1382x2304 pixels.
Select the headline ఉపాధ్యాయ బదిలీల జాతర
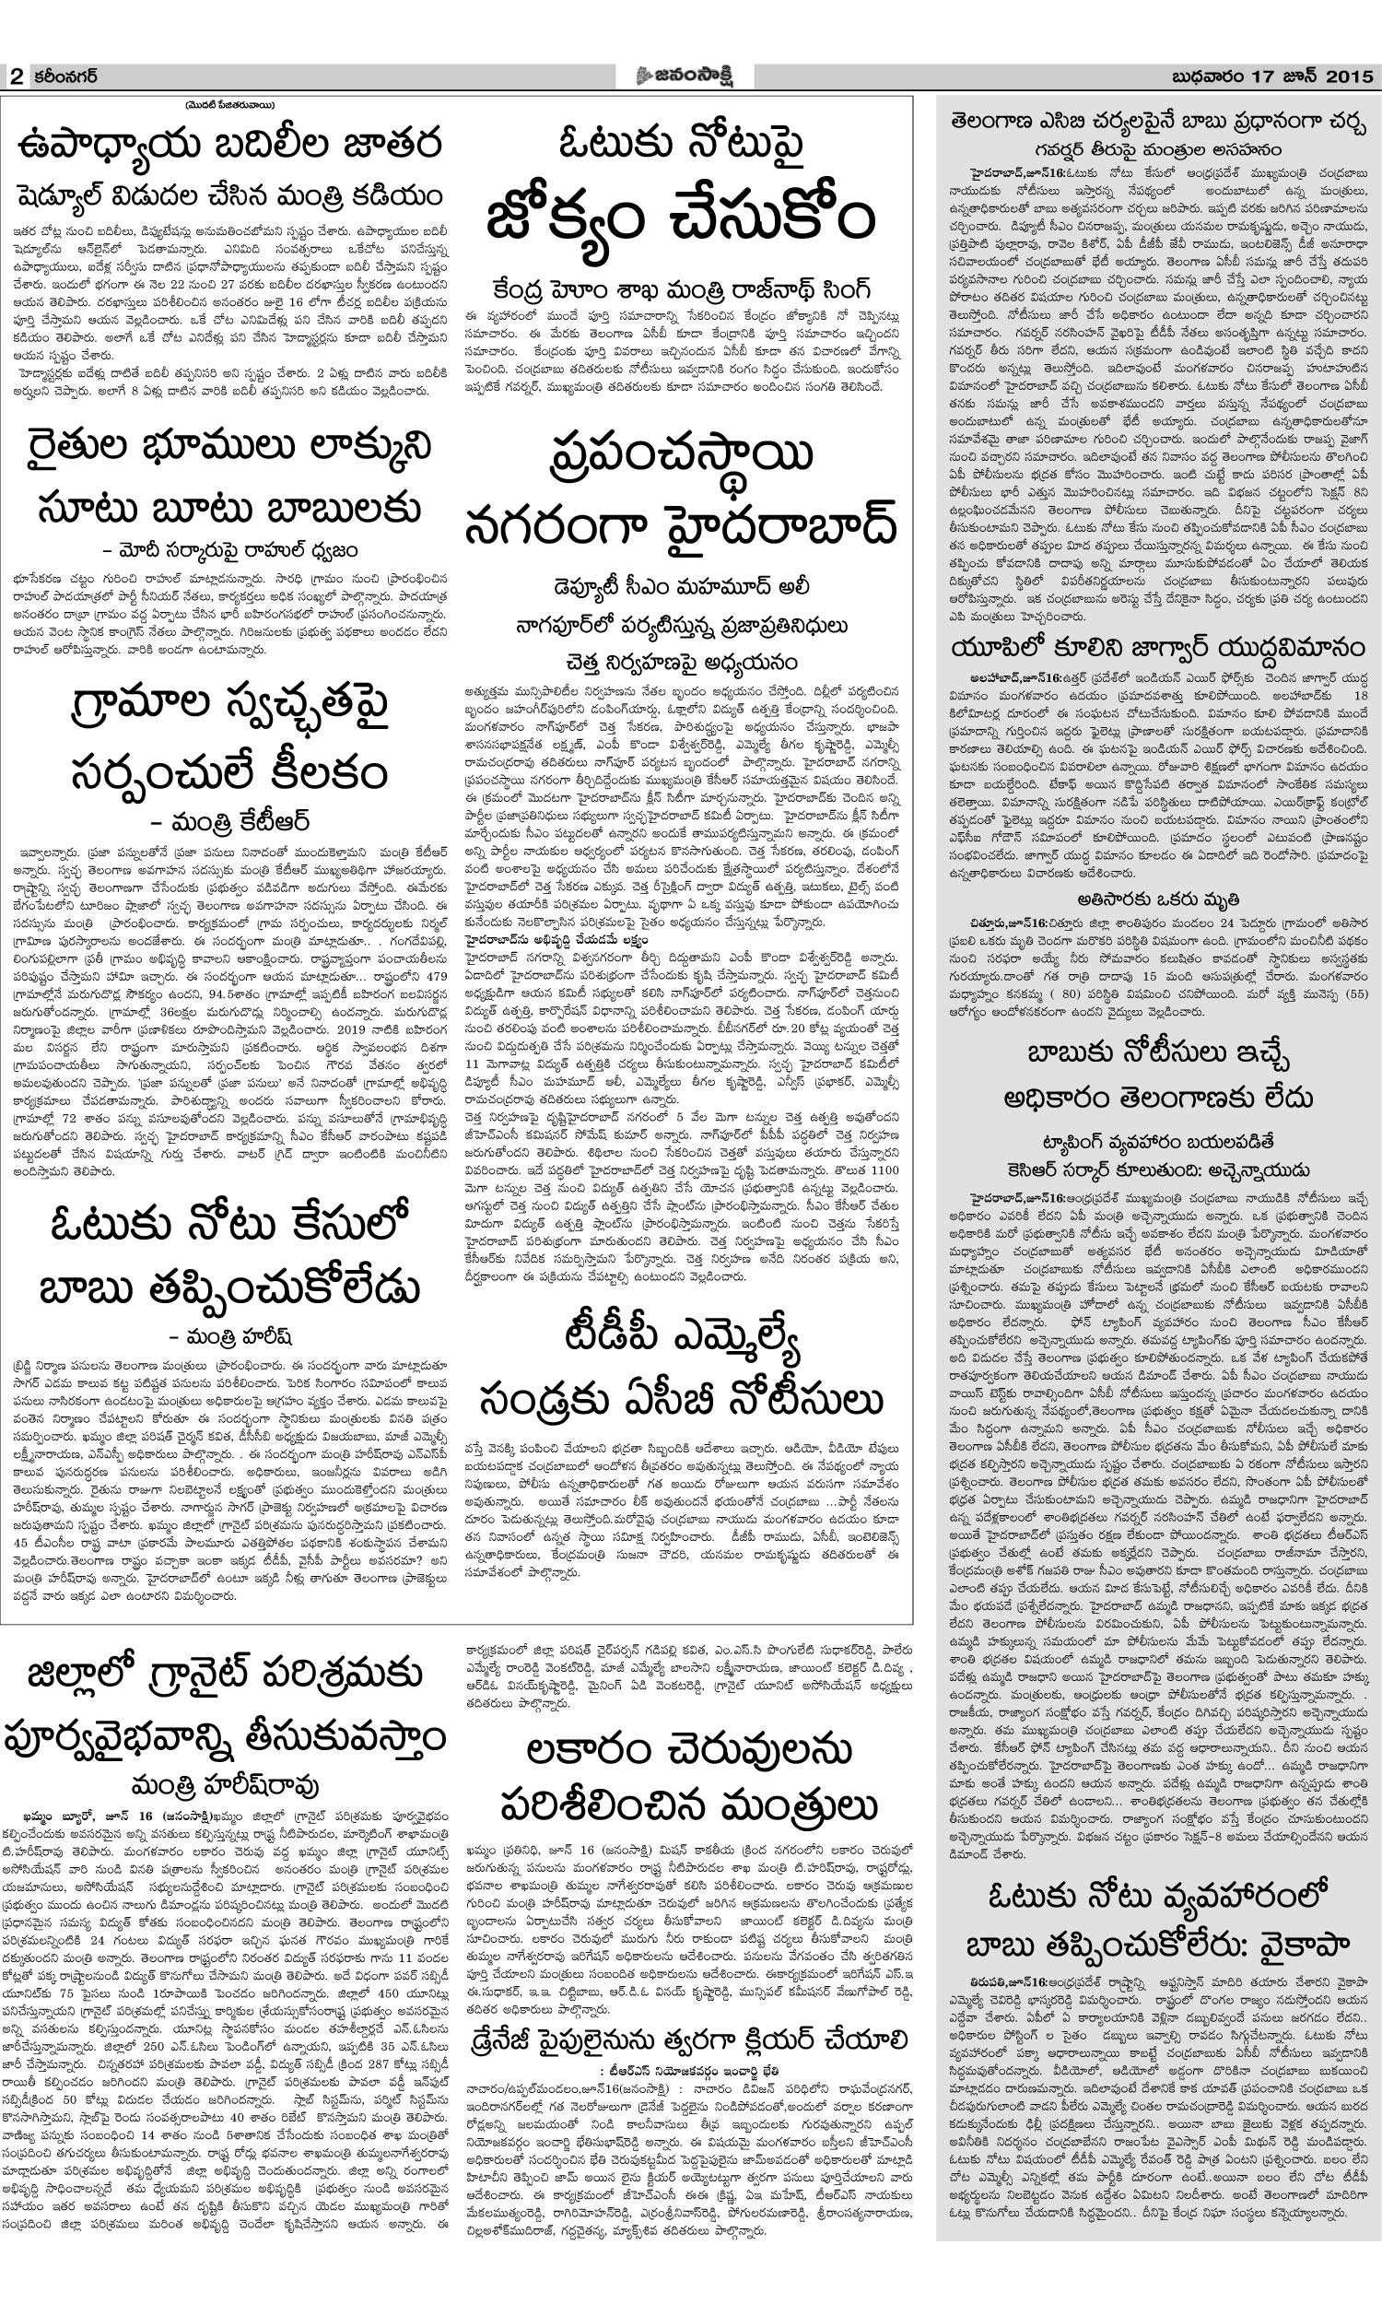(x=230, y=147)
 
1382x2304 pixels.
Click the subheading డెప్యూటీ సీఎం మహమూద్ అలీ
(x=681, y=588)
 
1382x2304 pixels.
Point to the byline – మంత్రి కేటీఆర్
(x=230, y=820)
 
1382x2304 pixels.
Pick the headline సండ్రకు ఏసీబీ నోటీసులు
(x=681, y=1396)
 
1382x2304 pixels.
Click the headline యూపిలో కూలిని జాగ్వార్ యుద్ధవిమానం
(x=1157, y=648)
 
